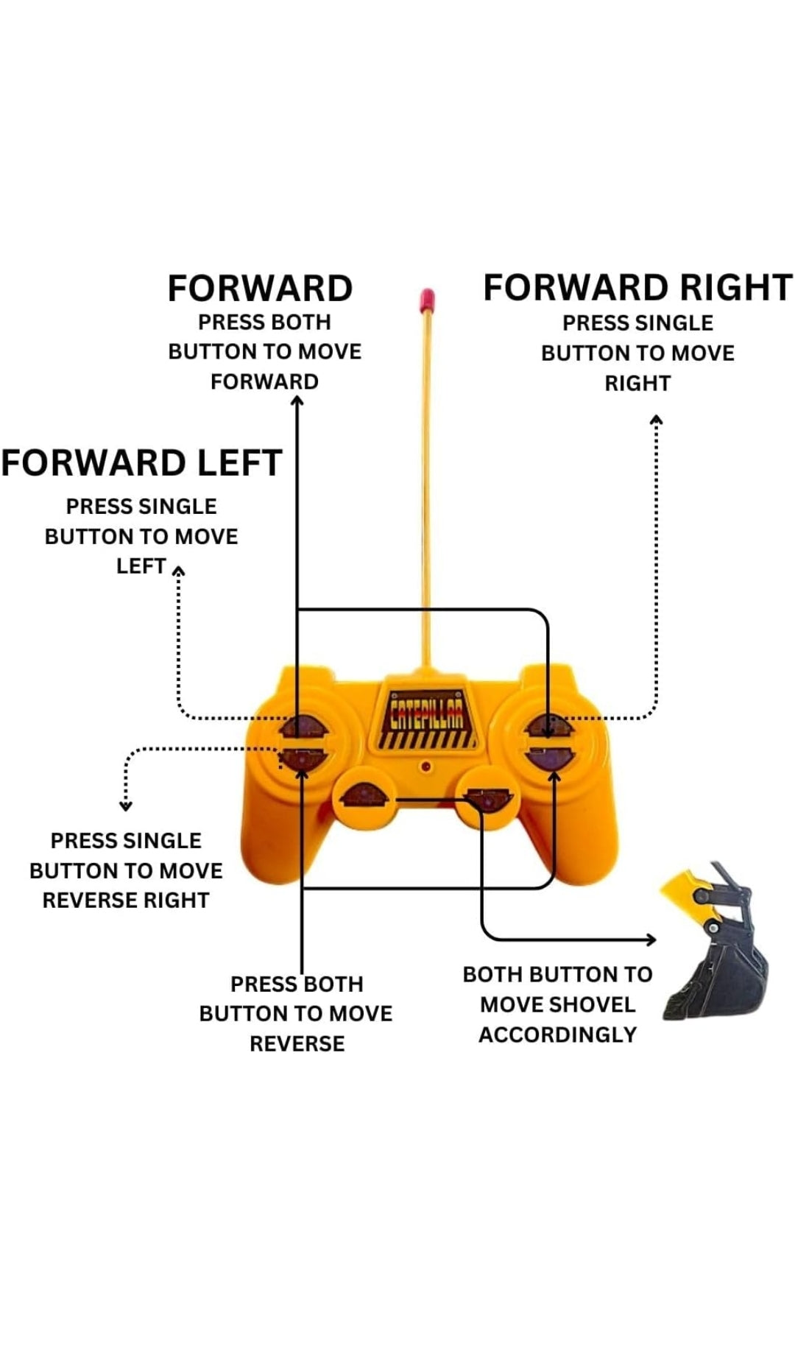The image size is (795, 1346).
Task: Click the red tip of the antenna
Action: tap(426, 300)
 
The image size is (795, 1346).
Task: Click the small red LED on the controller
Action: tap(425, 767)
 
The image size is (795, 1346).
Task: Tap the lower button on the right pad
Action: tap(549, 758)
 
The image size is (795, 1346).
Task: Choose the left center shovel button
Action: tap(361, 797)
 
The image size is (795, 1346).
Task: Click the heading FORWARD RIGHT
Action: tap(637, 288)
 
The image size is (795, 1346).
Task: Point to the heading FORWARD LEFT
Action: tap(141, 463)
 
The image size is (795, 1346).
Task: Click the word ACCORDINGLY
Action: tap(557, 1035)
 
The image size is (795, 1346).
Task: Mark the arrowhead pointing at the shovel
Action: tap(651, 940)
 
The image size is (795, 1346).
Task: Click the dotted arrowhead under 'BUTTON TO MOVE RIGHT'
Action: tap(657, 420)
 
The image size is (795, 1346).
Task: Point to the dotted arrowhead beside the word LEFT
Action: tap(178, 570)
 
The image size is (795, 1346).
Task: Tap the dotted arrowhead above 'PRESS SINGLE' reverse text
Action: tap(126, 806)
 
